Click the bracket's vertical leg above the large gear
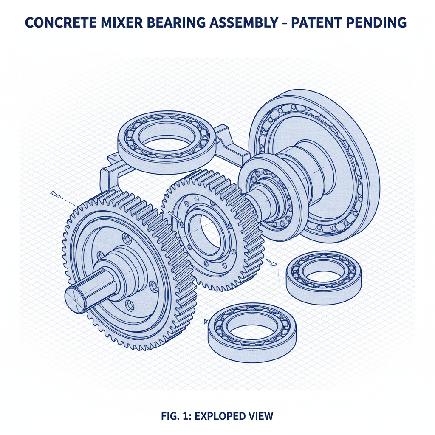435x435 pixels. (103, 181)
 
